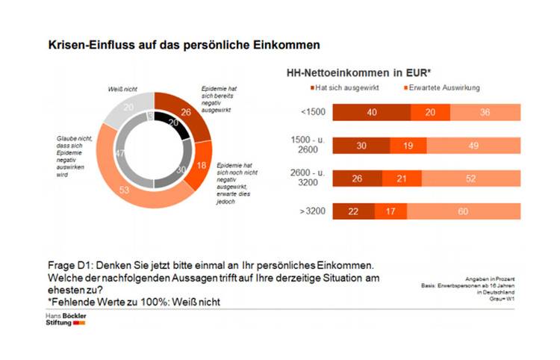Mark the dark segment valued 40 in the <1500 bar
coord(371,113)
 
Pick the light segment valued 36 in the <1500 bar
coord(485,113)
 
